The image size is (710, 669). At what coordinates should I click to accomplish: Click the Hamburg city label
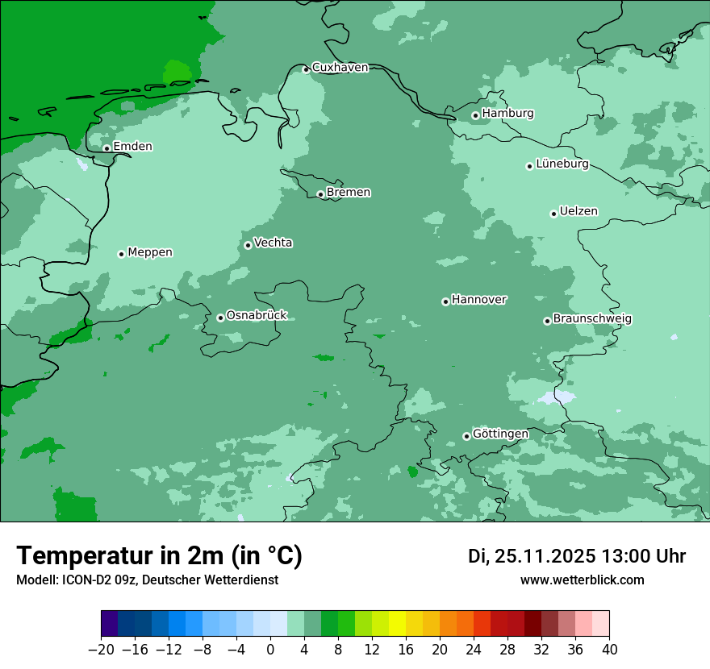(507, 114)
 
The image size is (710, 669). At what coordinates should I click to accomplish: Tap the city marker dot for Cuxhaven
(306, 69)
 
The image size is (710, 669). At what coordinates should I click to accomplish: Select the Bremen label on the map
(349, 193)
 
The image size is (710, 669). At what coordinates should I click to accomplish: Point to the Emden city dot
(106, 148)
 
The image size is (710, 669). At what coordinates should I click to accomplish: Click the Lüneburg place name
(562, 164)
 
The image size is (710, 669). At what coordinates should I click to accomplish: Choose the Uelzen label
(578, 212)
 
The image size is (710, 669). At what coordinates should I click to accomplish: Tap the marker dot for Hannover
(445, 301)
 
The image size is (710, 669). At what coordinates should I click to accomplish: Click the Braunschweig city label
(592, 319)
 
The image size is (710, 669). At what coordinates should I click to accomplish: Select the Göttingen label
(500, 434)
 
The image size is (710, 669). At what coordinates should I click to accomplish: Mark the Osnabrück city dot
(220, 318)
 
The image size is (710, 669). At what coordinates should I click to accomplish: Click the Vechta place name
(274, 243)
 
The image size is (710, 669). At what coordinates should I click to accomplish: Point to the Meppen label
(150, 253)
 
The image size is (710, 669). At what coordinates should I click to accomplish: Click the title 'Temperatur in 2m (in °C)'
(159, 556)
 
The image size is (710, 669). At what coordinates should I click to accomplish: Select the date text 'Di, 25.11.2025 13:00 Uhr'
(577, 556)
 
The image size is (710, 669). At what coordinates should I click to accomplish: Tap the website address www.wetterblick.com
(582, 580)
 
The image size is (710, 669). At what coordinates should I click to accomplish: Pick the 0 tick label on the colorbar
(270, 650)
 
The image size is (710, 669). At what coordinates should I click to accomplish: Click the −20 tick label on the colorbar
(101, 650)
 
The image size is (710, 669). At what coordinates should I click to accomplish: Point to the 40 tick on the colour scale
(609, 650)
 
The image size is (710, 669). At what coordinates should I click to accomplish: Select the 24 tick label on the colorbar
(474, 650)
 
